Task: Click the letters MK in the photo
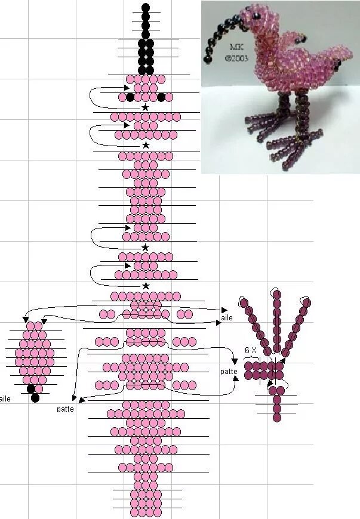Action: point(236,47)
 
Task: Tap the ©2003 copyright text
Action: point(236,58)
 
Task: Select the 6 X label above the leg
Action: point(251,350)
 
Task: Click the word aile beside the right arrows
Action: point(227,318)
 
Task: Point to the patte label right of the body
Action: point(229,372)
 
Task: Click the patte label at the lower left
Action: point(65,409)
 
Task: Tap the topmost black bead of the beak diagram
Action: point(146,7)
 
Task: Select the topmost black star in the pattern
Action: point(145,107)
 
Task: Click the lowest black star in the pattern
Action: point(146,286)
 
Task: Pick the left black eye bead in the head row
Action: point(130,97)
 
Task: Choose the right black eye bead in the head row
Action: point(161,97)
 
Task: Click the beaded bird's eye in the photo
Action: point(256,16)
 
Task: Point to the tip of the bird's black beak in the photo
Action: point(208,60)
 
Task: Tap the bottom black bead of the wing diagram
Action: point(35,398)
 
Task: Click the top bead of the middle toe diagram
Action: point(277,294)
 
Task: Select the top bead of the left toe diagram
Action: point(244,302)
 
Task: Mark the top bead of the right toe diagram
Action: point(307,302)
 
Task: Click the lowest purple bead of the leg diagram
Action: point(277,417)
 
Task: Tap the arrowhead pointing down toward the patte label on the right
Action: point(235,361)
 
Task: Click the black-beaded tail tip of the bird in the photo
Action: point(339,64)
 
